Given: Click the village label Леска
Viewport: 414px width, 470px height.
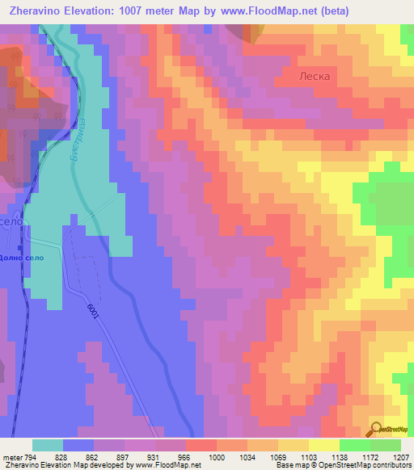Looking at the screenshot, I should click(x=311, y=77).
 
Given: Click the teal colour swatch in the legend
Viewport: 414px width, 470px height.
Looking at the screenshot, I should click(x=47, y=444).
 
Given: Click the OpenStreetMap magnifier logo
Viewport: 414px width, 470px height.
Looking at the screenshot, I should click(x=375, y=429).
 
